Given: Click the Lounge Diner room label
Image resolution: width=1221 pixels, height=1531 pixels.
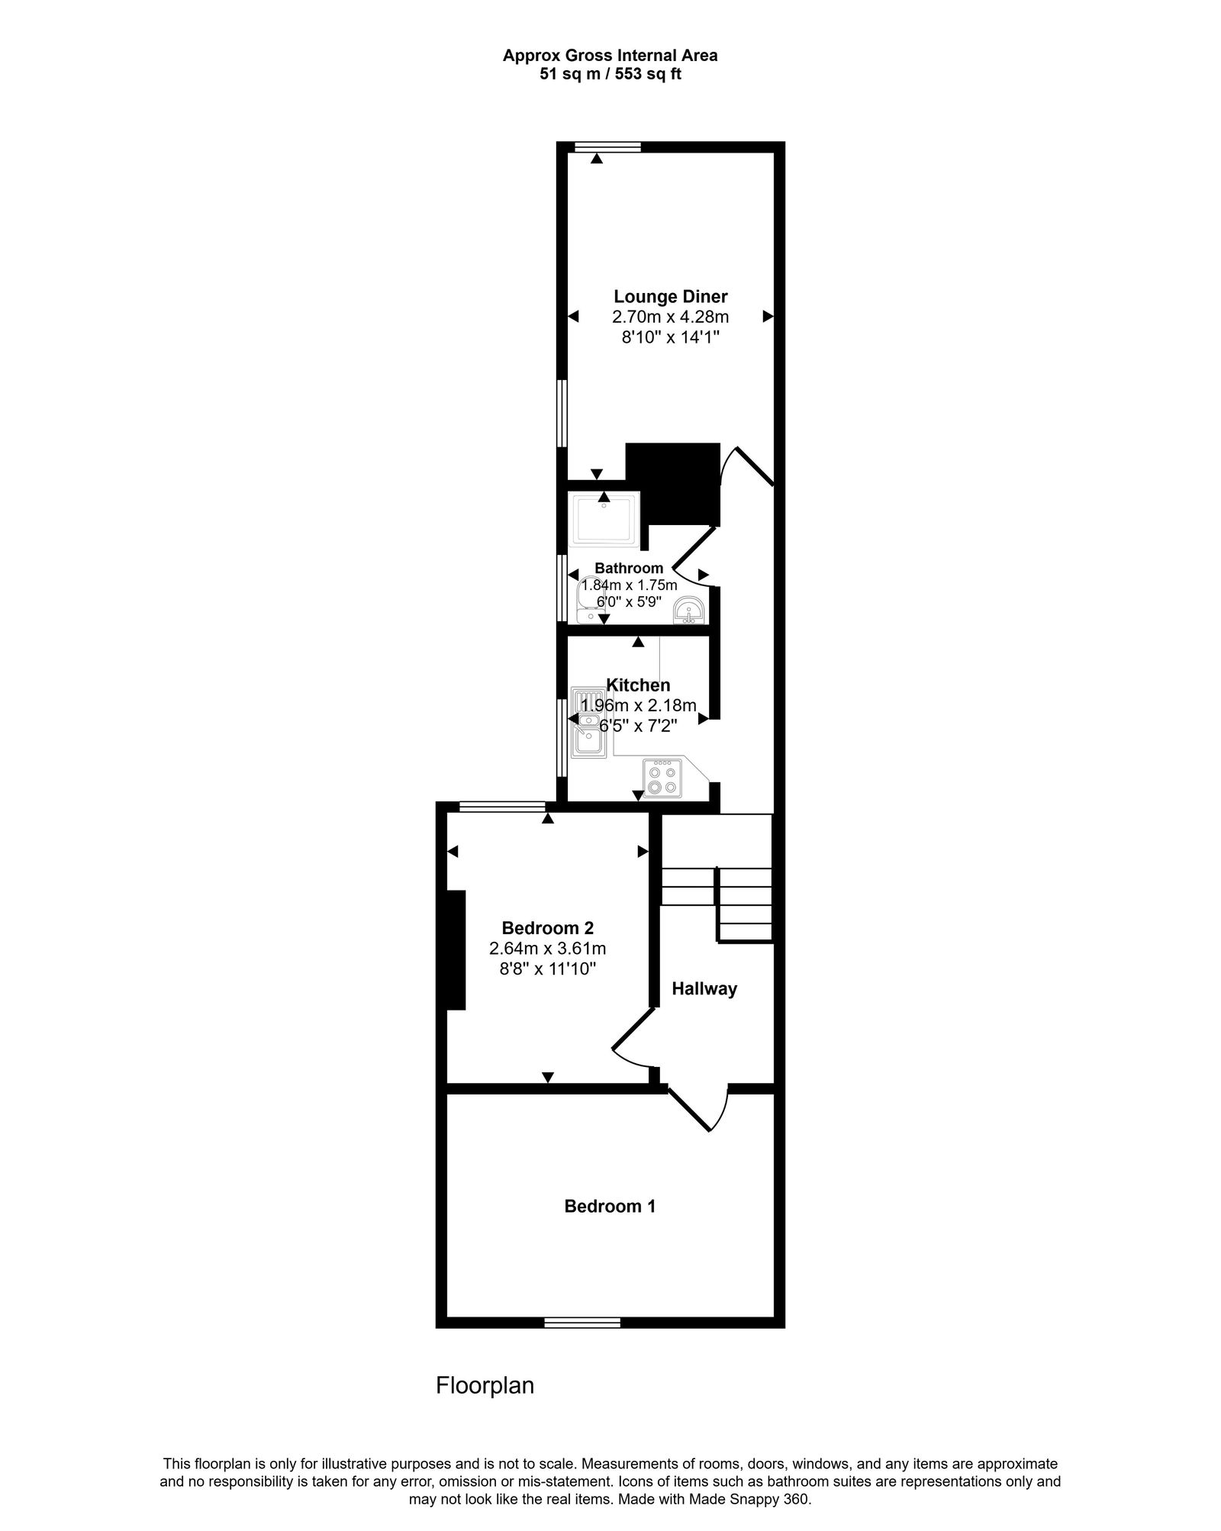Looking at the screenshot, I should click(671, 296).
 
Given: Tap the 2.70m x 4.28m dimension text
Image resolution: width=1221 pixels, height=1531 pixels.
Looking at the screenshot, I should click(671, 317).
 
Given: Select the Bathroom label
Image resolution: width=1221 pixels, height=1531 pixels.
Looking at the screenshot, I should click(629, 568).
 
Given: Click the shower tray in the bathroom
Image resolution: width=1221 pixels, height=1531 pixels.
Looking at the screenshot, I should click(604, 520).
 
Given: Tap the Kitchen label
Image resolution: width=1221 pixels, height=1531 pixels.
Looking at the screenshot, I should click(638, 685).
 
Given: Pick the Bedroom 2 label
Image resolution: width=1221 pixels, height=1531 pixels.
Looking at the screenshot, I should click(547, 928).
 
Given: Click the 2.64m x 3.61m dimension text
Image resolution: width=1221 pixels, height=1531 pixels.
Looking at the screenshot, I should click(547, 949).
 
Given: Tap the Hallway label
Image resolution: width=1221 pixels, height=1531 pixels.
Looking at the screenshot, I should click(704, 989).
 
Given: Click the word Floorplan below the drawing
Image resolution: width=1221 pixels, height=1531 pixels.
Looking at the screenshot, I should click(485, 1385).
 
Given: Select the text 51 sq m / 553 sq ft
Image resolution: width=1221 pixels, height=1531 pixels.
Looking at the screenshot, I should click(610, 75).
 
